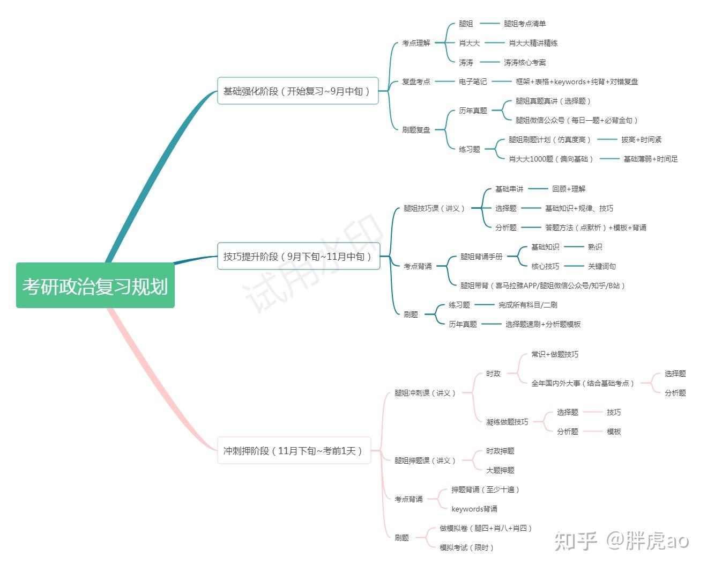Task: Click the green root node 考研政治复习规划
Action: [95, 286]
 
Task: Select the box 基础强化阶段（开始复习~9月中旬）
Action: [297, 91]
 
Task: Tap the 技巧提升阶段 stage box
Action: [298, 257]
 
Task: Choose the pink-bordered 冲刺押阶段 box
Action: [294, 451]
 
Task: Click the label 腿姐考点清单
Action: [524, 24]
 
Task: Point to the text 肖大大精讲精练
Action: [533, 43]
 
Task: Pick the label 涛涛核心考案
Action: [524, 62]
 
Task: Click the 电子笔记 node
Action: [472, 82]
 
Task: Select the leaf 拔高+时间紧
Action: [641, 140]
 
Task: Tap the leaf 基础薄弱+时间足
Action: [650, 159]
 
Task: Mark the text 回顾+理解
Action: [569, 189]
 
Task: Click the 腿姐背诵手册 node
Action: [481, 257]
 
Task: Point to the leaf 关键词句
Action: [601, 266]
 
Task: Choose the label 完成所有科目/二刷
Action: [527, 305]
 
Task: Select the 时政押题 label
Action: [500, 451]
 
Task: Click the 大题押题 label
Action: [500, 470]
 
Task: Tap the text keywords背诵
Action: [474, 509]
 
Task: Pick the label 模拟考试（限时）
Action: [466, 547]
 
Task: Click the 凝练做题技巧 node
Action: [507, 422]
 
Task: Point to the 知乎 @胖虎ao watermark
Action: [621, 540]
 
